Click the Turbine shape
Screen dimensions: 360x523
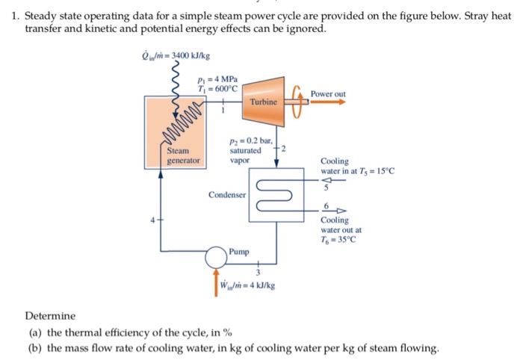[x=261, y=100]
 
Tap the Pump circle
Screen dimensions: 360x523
[x=217, y=257]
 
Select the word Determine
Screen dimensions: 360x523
[x=50, y=316]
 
